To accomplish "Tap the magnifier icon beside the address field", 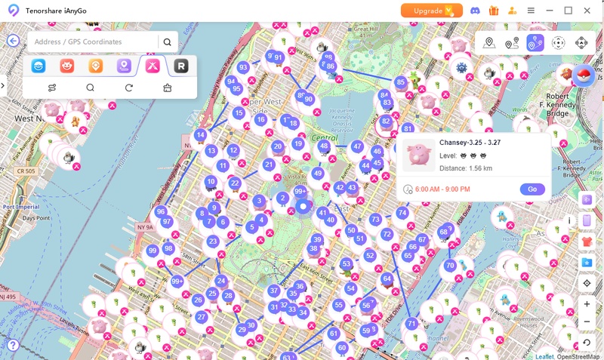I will point(168,42).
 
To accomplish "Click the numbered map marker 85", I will point(401,82).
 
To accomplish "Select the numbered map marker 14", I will point(200,135).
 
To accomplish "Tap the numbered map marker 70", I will point(450,266).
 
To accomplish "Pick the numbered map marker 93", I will point(243,67).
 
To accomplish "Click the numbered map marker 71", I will point(411,323).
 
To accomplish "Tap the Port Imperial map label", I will point(20,205).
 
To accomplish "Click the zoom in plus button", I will point(587,304).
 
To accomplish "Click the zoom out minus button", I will point(587,322).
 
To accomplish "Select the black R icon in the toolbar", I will point(180,66).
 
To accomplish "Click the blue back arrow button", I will point(13,42).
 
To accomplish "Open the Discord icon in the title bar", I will point(475,11).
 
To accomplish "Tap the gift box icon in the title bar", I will point(494,11).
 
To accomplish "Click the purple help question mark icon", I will point(12,345).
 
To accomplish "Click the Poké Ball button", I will point(581,75).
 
